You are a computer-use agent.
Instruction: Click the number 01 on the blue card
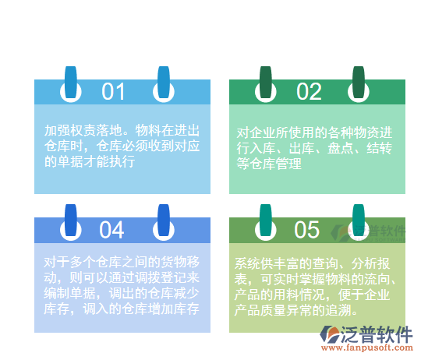(113, 92)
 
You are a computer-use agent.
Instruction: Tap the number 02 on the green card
(309, 92)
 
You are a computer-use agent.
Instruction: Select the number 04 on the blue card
(112, 230)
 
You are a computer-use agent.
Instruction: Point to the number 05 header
(307, 230)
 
